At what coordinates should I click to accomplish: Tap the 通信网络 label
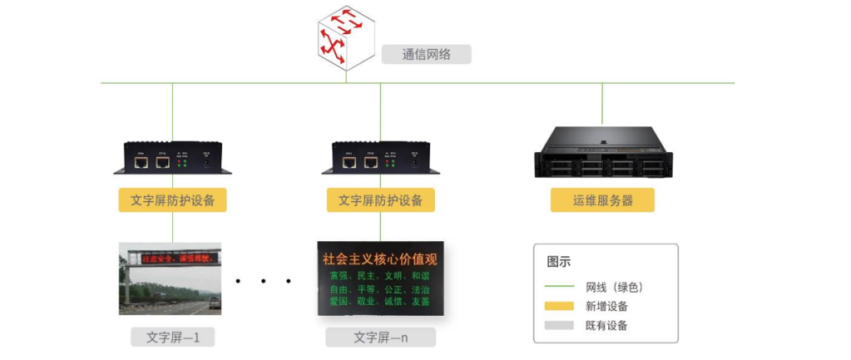[x=426, y=55]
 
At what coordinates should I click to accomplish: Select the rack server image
[x=601, y=151]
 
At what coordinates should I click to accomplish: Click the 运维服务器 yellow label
[x=602, y=200]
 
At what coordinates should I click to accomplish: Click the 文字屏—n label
[x=380, y=338]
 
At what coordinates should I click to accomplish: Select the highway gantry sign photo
[x=170, y=279]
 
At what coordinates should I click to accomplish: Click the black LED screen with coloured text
[x=380, y=279]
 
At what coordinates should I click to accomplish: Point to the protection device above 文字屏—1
[x=172, y=157]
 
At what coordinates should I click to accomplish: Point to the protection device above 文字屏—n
[x=380, y=157]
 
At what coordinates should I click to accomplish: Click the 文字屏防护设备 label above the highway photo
[x=173, y=200]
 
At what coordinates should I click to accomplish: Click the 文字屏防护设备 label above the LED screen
[x=380, y=200]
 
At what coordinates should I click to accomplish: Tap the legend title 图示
[x=559, y=262]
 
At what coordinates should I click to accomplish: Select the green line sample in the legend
[x=559, y=287]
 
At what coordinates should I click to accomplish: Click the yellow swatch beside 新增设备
[x=559, y=306]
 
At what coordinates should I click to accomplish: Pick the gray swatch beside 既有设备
[x=559, y=325]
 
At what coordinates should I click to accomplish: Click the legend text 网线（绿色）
[x=615, y=287]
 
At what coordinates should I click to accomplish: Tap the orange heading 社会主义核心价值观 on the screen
[x=380, y=259]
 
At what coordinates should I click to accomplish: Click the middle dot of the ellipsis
[x=262, y=281]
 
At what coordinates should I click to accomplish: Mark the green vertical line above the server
[x=601, y=104]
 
